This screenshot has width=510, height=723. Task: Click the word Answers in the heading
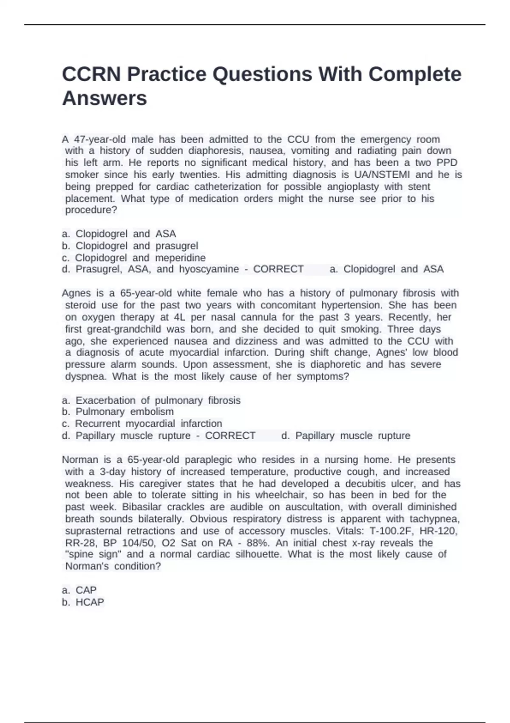click(105, 98)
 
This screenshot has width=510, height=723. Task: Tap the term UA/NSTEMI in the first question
click(382, 175)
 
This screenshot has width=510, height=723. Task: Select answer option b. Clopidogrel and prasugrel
click(130, 246)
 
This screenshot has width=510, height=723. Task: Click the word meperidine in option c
click(180, 258)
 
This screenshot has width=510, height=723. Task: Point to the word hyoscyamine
click(209, 269)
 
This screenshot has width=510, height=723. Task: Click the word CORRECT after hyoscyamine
click(278, 269)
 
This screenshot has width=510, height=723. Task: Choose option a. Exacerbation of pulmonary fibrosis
click(151, 400)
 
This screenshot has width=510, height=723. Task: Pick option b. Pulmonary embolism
click(118, 412)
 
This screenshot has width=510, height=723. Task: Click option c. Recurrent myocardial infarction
click(142, 424)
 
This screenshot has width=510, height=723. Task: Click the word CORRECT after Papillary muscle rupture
click(230, 436)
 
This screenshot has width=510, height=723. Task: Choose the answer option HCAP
click(89, 602)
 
